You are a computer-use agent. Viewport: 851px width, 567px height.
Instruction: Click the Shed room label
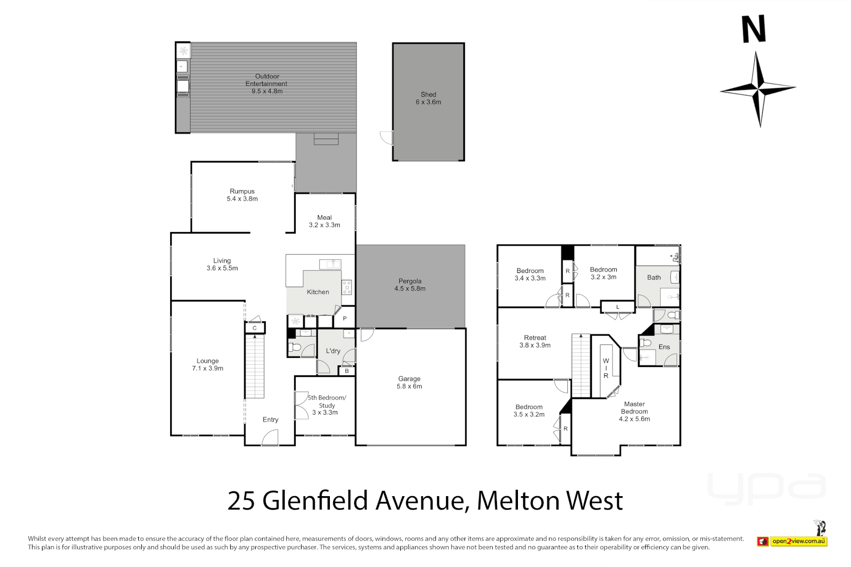pos(428,95)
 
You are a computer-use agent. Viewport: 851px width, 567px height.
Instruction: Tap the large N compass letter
pos(753,29)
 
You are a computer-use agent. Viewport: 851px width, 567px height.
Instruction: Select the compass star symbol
pos(757,89)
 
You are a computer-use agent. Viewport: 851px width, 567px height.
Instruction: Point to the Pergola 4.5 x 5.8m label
pos(410,285)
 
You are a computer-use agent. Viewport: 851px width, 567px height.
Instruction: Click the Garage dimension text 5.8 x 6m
pos(409,386)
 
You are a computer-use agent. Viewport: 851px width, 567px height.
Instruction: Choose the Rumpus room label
pos(242,192)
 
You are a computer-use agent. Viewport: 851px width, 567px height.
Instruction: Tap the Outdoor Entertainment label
pos(266,80)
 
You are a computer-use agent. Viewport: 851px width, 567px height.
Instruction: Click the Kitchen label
pos(318,292)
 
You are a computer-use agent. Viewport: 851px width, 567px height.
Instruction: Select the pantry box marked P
pos(345,319)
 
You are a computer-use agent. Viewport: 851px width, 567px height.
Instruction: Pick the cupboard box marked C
pos(255,328)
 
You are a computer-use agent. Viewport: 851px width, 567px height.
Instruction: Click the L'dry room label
pos(333,351)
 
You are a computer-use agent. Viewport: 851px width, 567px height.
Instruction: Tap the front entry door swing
pos(271,437)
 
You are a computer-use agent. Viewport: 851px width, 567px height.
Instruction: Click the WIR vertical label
pos(606,369)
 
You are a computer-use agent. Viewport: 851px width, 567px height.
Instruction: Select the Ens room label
pos(664,347)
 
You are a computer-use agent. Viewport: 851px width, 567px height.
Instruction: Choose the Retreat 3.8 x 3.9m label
pos(535,342)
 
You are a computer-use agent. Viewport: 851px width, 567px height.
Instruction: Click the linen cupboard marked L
pos(618,307)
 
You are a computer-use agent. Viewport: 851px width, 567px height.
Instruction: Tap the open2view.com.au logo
pos(798,541)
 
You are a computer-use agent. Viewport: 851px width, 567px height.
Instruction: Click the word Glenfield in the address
pos(316,501)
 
